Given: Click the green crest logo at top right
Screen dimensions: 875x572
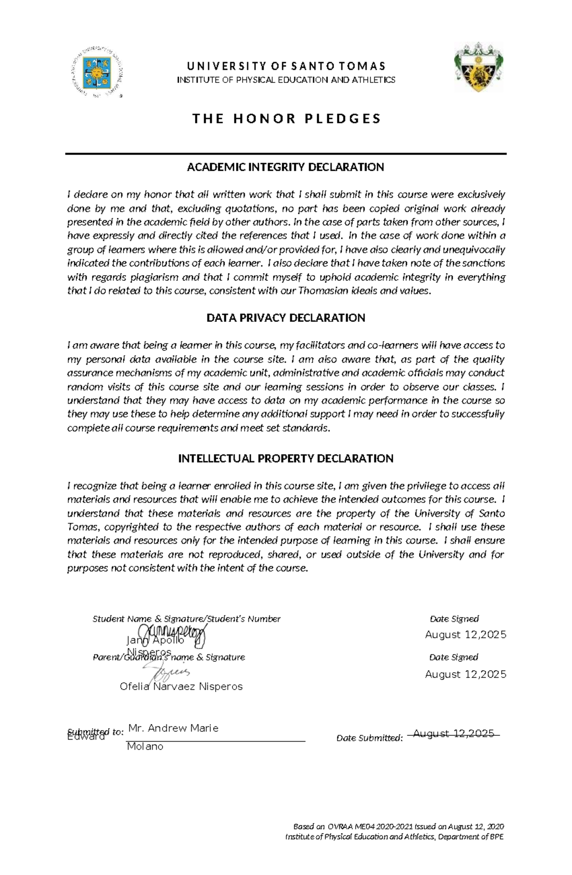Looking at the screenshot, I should [478, 67].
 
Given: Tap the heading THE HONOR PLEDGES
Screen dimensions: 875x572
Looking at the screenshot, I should [286, 119].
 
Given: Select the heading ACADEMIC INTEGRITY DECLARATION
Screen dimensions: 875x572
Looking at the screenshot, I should [285, 167].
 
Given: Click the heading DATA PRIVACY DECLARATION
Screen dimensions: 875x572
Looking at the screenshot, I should [286, 318].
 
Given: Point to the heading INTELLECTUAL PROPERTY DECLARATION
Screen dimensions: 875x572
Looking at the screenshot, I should [286, 458].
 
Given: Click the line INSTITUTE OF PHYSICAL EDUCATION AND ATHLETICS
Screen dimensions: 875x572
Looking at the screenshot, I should [286, 80].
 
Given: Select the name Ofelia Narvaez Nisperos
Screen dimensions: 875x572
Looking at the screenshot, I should [181, 687].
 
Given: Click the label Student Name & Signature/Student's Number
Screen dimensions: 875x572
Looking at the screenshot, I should [186, 619].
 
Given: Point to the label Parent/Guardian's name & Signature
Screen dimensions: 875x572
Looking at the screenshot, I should [169, 658].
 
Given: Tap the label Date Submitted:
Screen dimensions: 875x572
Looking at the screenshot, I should [369, 738].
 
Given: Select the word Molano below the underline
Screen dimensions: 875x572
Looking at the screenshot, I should [145, 747].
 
